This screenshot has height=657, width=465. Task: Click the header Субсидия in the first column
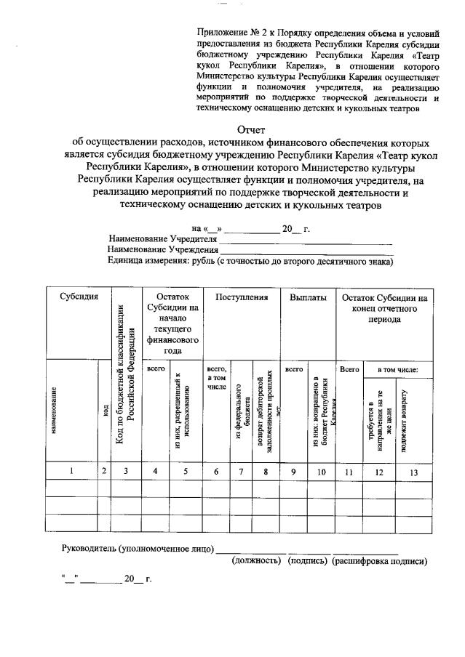pyautogui.click(x=79, y=298)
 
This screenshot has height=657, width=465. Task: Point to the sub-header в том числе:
pyautogui.click(x=397, y=370)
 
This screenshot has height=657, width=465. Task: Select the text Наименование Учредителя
pyautogui.click(x=163, y=239)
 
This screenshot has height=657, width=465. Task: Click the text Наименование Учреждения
pyautogui.click(x=163, y=250)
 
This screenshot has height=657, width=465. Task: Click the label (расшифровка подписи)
pyautogui.click(x=379, y=561)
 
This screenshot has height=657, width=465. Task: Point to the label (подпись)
pyautogui.click(x=308, y=561)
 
